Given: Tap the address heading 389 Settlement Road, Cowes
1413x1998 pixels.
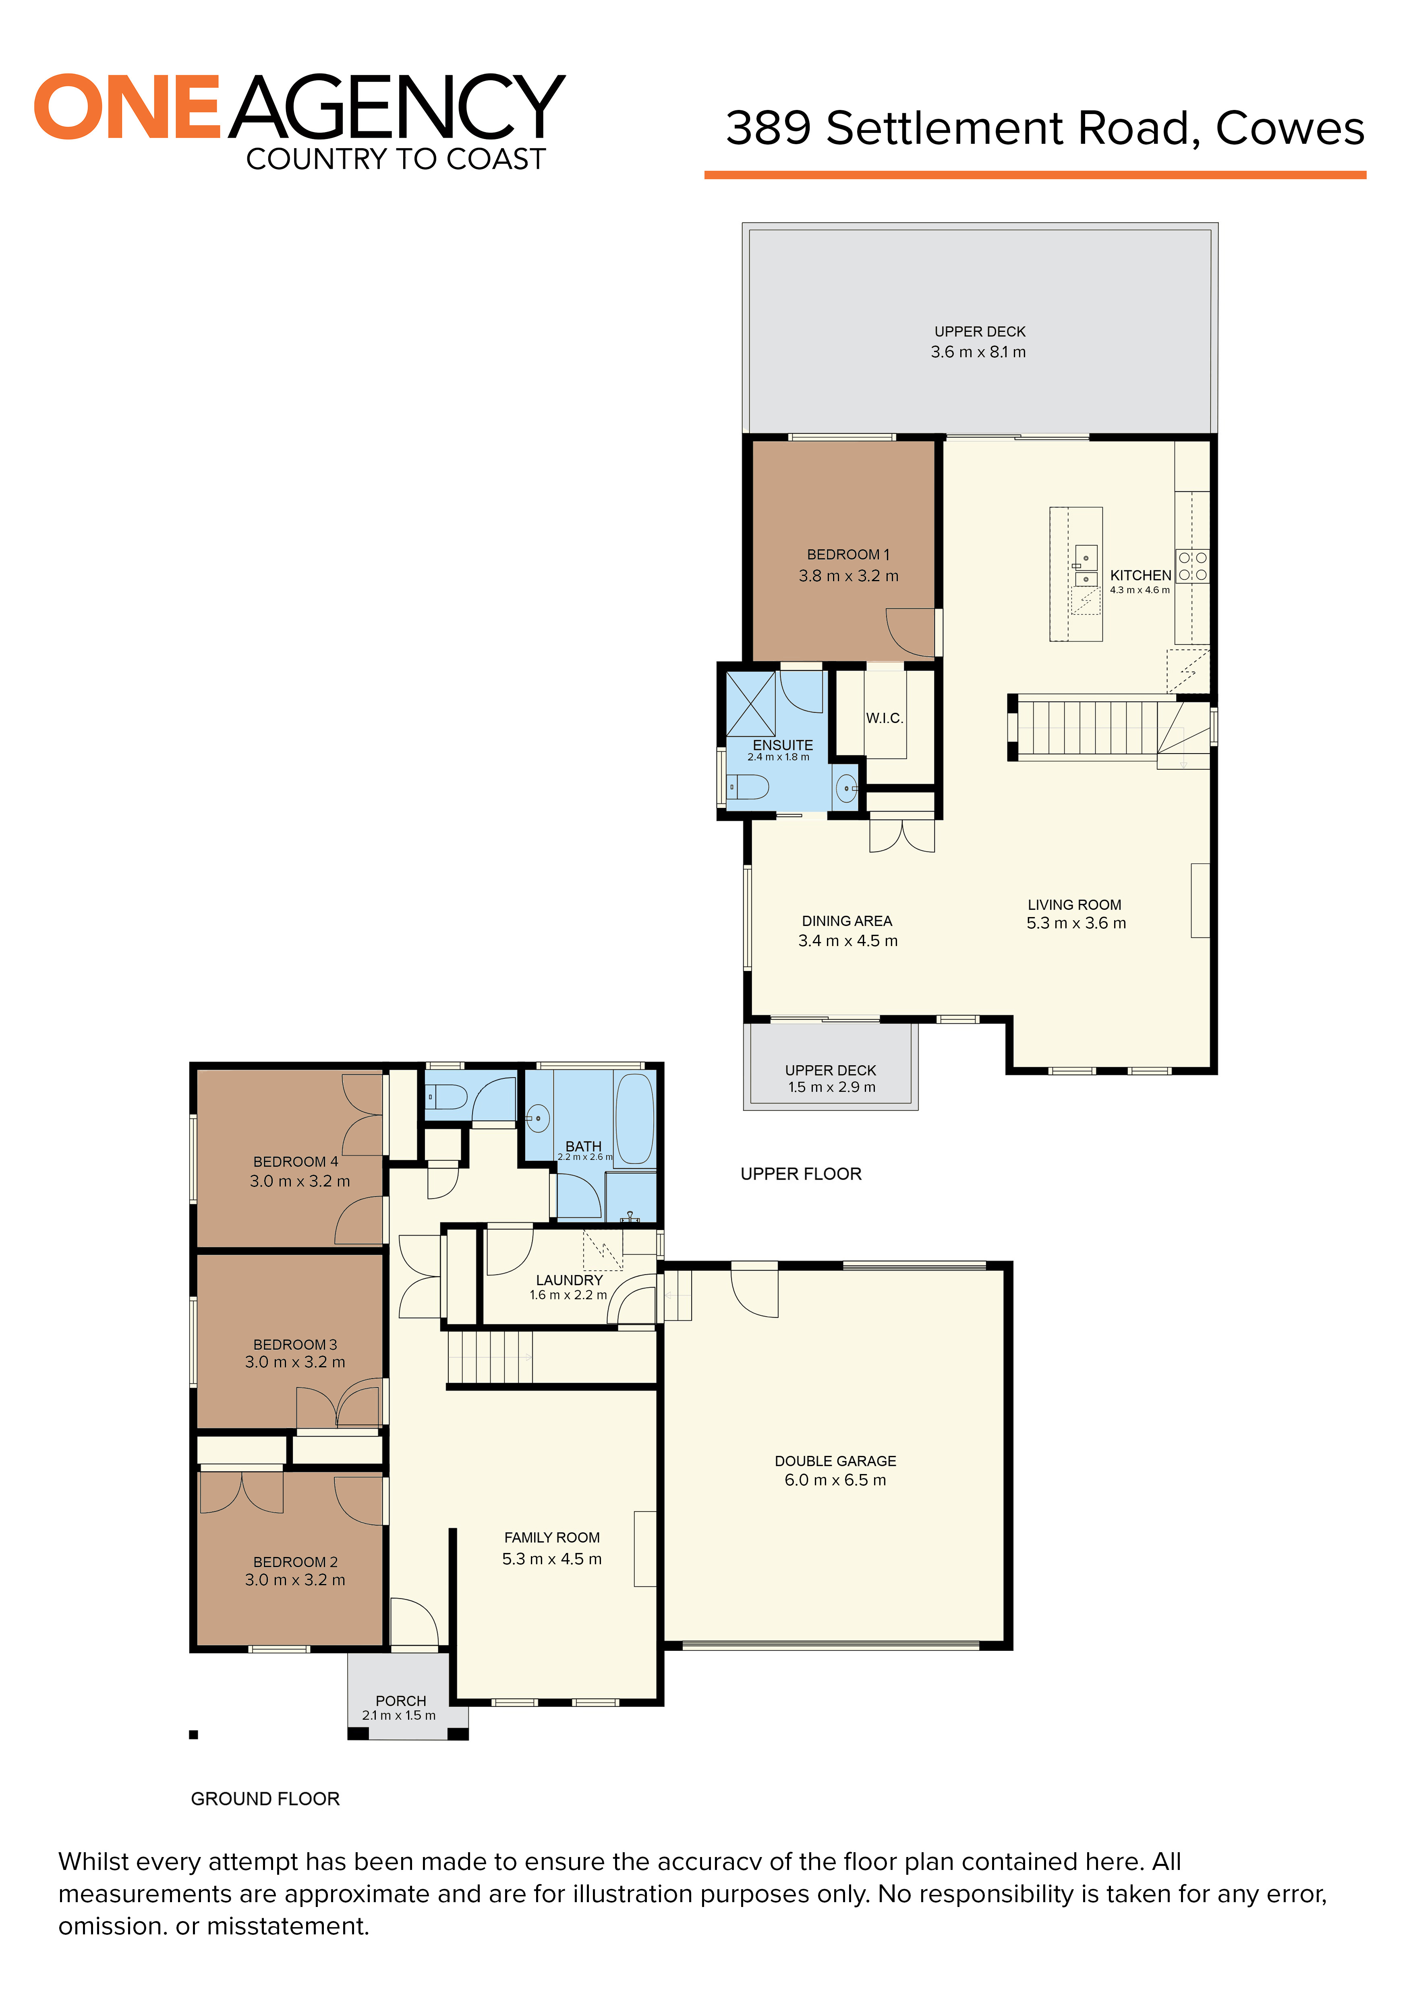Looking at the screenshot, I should (1044, 129).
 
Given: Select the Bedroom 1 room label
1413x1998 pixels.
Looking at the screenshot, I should (847, 554).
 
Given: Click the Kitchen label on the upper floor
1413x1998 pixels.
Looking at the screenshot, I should (1140, 575).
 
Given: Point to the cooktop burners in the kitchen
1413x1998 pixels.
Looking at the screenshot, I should (1192, 565).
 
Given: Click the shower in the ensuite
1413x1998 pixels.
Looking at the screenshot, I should (750, 703).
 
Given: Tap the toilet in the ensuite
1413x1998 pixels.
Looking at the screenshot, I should (748, 787).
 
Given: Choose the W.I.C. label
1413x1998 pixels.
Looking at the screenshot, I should (884, 718).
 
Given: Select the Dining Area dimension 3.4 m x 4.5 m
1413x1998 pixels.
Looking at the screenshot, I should (847, 941).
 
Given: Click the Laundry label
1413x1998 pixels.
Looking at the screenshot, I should (569, 1280).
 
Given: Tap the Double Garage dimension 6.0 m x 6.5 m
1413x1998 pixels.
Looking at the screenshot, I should (835, 1480).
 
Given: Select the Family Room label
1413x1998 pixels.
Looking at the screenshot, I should (552, 1538).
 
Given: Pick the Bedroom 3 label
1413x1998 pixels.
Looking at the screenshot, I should (295, 1344).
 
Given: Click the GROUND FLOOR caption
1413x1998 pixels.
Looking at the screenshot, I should (265, 1799).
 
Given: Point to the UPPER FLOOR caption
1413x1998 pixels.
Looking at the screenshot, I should (800, 1174).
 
